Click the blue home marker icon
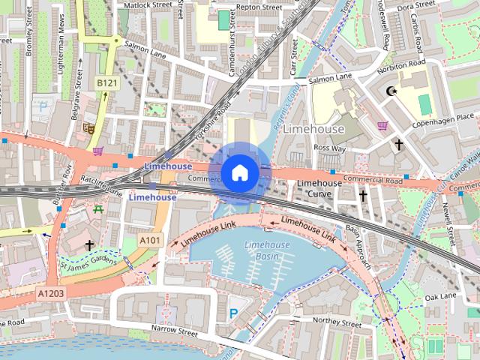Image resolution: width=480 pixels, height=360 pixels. click(x=239, y=173)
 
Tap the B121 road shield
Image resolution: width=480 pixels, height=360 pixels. click(x=106, y=82)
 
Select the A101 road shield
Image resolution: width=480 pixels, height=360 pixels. click(x=150, y=240)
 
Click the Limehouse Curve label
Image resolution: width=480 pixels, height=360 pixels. click(x=320, y=188)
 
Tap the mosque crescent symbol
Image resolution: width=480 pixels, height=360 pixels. click(x=389, y=91)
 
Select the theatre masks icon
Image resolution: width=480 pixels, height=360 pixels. click(x=88, y=128)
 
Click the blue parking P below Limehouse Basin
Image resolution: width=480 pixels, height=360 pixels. click(x=234, y=313)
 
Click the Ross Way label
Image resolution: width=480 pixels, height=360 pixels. click(x=330, y=148)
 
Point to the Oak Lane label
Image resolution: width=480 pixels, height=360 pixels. click(x=441, y=297)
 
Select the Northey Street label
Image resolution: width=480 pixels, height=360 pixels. click(x=337, y=320)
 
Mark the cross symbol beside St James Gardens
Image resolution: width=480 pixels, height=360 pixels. click(x=89, y=245)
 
